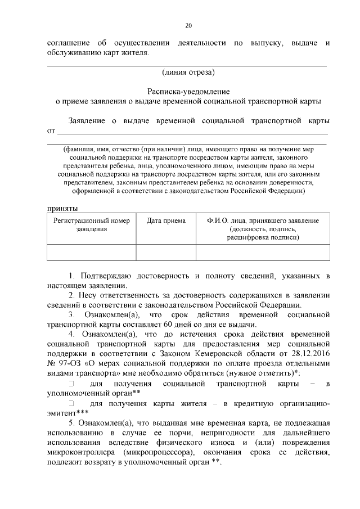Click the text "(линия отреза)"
[188, 71]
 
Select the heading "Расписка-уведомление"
[188, 91]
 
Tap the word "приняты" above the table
[59, 208]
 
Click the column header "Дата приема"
[166, 221]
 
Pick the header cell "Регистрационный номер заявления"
[91, 225]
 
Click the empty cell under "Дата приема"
[166, 253]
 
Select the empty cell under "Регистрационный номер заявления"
[91, 253]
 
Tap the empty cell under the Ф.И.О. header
[263, 253]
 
